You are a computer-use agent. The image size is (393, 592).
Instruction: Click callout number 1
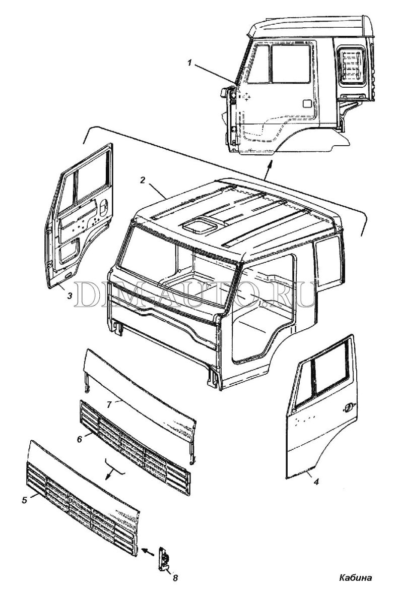(189, 63)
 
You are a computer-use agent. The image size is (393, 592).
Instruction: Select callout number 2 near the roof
(144, 180)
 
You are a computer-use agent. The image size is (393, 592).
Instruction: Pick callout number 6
(79, 439)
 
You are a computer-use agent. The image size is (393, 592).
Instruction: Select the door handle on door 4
(347, 408)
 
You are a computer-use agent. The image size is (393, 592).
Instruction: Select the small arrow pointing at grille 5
(147, 551)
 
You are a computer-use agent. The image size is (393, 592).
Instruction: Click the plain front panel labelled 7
(141, 393)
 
